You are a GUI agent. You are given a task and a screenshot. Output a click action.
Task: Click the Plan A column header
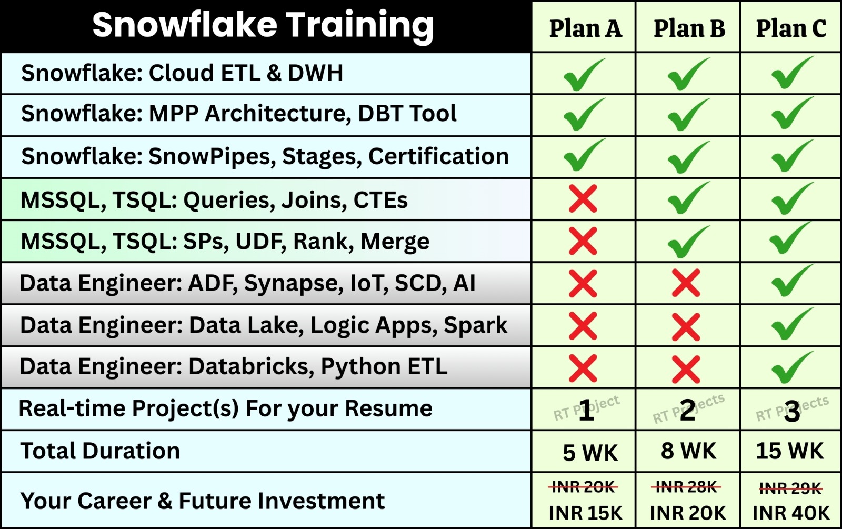pos(585,28)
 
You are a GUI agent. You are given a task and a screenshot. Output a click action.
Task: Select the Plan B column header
pos(689,28)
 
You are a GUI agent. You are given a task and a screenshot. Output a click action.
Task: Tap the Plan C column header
pos(791,28)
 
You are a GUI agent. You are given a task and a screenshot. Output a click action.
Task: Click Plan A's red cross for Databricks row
pos(583,368)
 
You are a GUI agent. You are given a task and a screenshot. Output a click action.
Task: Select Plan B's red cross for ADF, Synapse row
pos(686,283)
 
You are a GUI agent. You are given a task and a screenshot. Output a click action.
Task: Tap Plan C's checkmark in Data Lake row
pos(793,324)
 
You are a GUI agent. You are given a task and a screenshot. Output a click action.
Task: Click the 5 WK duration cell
pos(590,453)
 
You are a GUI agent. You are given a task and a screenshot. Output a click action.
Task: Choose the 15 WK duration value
pos(790,451)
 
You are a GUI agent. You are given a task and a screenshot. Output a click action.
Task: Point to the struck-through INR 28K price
pos(686,487)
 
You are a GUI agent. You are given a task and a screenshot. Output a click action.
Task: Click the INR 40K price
pos(791,513)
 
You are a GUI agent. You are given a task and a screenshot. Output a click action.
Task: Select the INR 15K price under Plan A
pos(586,513)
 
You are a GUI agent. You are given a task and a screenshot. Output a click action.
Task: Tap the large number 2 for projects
pos(687,410)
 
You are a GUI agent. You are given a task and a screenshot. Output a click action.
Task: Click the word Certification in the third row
pos(438,156)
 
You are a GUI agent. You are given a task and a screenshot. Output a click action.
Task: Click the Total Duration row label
pos(100,451)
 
